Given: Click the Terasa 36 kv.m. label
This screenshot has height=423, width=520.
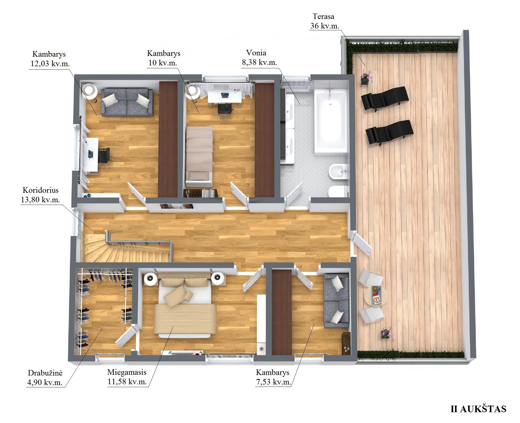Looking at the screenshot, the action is (324, 21).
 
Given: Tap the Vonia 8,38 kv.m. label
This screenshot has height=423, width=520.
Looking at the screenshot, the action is (259, 57).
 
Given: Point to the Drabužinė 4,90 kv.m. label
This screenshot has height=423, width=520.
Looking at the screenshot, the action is (45, 377).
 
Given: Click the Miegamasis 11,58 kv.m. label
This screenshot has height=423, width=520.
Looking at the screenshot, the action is (127, 377).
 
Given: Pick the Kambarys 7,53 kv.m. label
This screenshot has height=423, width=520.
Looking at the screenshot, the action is (273, 377).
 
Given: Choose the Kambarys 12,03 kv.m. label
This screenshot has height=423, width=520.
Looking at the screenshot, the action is (49, 59).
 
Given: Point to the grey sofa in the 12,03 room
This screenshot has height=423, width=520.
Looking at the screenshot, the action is (127, 102).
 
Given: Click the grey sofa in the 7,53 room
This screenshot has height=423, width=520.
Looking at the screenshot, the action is (336, 301).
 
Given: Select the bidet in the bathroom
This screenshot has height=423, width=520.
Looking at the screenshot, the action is (339, 172).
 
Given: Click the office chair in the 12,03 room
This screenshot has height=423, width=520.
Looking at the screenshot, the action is (104, 156).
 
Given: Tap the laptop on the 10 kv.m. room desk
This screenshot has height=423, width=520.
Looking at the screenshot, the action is (225, 95).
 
